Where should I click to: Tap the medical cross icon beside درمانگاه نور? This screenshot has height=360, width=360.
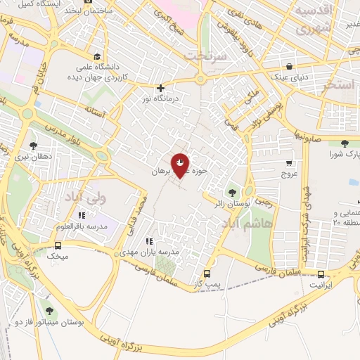[x=162, y=89]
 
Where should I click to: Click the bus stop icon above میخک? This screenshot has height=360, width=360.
[x=58, y=245]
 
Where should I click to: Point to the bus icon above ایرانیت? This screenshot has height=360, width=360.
[x=321, y=274]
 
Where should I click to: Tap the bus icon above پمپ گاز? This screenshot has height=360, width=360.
[x=207, y=274]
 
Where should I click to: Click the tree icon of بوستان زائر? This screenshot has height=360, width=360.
[x=233, y=192]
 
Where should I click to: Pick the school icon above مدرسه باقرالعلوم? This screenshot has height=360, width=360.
[x=82, y=215]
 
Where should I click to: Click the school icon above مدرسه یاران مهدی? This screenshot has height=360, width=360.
[x=148, y=241]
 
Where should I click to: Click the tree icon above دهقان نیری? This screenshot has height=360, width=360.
[x=33, y=146]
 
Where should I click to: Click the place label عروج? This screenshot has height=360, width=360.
[x=290, y=172]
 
